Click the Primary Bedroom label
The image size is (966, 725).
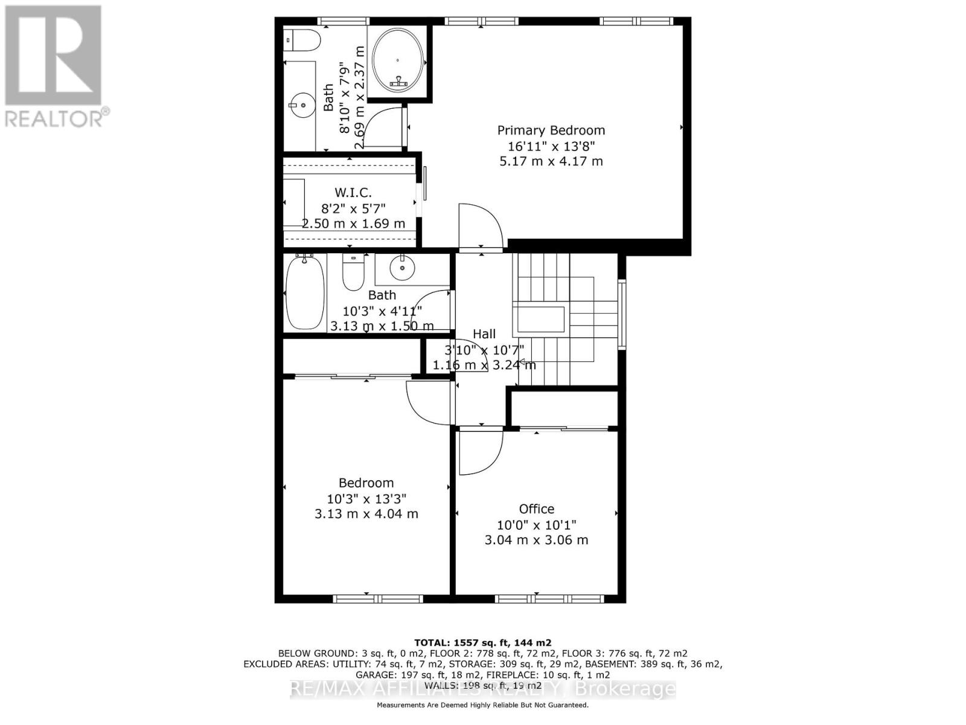tap(551, 130)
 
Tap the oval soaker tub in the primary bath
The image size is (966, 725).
tap(398, 60)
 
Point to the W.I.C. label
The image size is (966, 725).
tap(353, 193)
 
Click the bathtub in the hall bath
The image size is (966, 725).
tap(304, 292)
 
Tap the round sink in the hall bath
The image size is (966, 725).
tap(401, 268)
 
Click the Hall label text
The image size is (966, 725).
tap(484, 334)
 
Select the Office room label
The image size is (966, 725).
tap(536, 509)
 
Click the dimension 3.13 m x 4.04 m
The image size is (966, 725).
tap(366, 514)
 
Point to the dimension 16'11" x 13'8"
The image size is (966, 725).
tap(551, 146)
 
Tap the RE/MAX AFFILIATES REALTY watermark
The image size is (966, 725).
tap(483, 689)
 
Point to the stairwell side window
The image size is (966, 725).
tap(622, 314)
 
